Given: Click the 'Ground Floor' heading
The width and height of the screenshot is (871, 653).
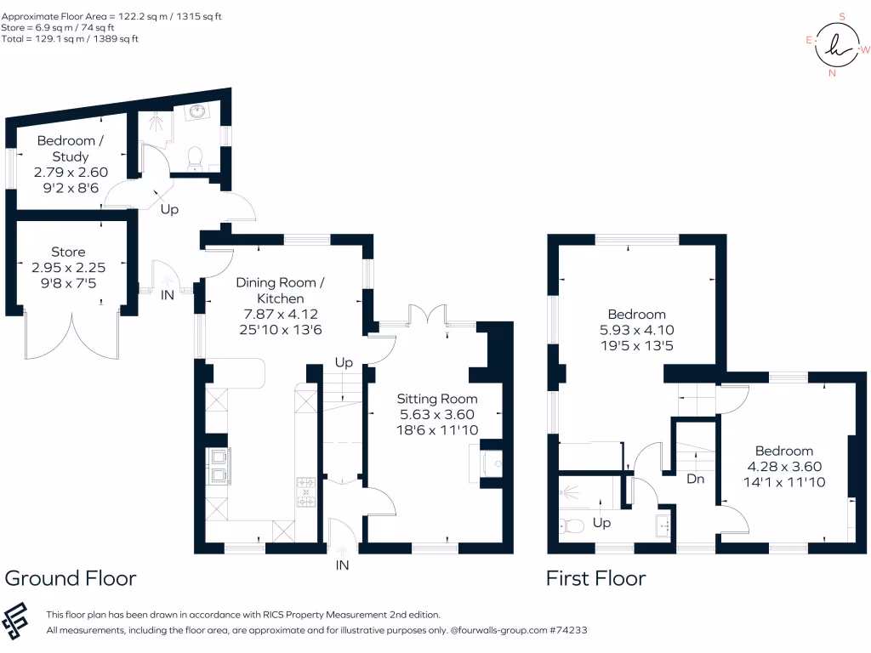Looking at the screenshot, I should (x=71, y=579).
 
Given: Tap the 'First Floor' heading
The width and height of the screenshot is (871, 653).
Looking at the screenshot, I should (x=595, y=579).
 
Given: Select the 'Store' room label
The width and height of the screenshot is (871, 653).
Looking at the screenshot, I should (x=68, y=252).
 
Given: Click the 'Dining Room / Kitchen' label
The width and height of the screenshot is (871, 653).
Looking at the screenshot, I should (x=281, y=290).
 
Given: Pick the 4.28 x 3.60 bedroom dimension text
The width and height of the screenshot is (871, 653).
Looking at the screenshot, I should (x=784, y=467).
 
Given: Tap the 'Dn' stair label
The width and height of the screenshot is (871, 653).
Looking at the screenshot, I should (x=695, y=479).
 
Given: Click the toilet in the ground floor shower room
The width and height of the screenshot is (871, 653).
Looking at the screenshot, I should (x=195, y=156).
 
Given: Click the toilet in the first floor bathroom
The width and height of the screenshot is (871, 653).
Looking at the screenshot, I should (x=569, y=525).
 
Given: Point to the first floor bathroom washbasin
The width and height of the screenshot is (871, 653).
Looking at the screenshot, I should (x=663, y=524).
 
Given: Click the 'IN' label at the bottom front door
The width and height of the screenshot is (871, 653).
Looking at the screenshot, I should (x=342, y=565).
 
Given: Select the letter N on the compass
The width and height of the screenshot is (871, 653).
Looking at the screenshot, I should (x=832, y=73).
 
